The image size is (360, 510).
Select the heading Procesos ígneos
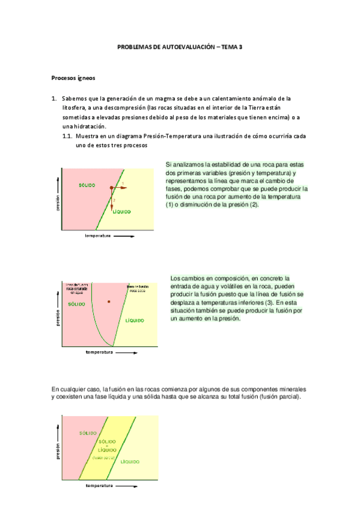[x=73, y=78]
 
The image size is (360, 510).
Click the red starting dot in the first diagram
[x=112, y=188]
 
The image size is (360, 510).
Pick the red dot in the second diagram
[x=109, y=300]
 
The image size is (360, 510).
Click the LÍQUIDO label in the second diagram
[x=135, y=321]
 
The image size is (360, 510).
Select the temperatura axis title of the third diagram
[x=100, y=485]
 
